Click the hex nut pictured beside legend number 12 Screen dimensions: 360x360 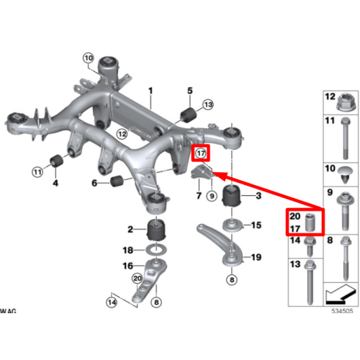click(x=346, y=102)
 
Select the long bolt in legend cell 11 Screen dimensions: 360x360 click(x=345, y=138)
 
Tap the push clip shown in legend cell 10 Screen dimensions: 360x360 click(x=345, y=174)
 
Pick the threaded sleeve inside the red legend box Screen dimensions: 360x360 click(x=310, y=222)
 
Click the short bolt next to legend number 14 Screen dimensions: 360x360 click(x=310, y=247)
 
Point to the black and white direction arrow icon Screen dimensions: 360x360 click(x=341, y=294)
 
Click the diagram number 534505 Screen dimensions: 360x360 click(x=342, y=311)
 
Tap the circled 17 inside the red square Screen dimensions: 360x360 click(x=201, y=153)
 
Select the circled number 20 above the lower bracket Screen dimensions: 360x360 click(x=138, y=279)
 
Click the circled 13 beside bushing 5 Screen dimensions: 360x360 click(x=208, y=104)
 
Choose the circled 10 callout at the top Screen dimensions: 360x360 click(x=89, y=58)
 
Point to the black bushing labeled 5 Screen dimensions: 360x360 click(x=189, y=114)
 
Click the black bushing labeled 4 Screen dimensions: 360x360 click(x=56, y=161)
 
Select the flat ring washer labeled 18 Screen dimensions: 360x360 click(x=156, y=251)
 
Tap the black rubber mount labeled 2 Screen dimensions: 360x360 click(x=156, y=230)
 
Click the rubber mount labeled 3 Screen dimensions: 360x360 click(x=232, y=196)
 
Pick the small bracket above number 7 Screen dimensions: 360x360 click(x=202, y=172)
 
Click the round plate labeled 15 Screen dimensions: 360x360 click(x=233, y=225)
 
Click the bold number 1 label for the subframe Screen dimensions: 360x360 click(x=150, y=91)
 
